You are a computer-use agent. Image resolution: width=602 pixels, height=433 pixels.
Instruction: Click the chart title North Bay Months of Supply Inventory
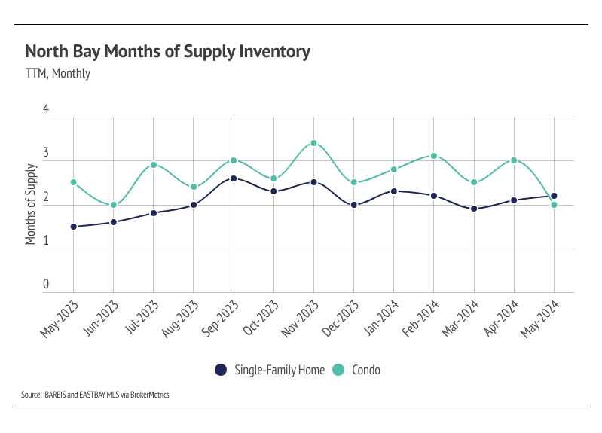tap(167, 52)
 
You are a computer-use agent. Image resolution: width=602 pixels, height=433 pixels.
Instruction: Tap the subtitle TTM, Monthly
tap(58, 74)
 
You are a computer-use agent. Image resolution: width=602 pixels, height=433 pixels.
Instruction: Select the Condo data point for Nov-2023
tap(313, 143)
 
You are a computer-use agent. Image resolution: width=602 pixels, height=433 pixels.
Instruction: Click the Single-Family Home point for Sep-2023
tap(234, 178)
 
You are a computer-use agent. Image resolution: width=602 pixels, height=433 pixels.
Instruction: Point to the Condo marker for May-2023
tap(73, 182)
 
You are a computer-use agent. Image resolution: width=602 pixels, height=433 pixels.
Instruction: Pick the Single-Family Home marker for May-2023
tap(73, 227)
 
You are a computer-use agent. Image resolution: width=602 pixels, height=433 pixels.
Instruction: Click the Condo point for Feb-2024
tap(434, 156)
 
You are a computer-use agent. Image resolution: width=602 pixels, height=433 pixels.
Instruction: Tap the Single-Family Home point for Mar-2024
tap(474, 209)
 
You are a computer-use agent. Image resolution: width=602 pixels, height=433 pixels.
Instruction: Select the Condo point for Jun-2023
tap(113, 205)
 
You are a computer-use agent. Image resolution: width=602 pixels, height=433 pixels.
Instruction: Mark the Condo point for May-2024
tap(554, 205)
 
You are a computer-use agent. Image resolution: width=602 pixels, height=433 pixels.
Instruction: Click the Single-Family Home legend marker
tap(221, 370)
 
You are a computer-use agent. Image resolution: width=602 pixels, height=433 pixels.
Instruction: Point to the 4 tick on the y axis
tap(46, 109)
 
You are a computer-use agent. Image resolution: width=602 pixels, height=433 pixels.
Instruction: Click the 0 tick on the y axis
tap(46, 285)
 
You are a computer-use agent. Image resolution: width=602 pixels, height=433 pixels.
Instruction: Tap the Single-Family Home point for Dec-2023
tap(353, 205)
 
